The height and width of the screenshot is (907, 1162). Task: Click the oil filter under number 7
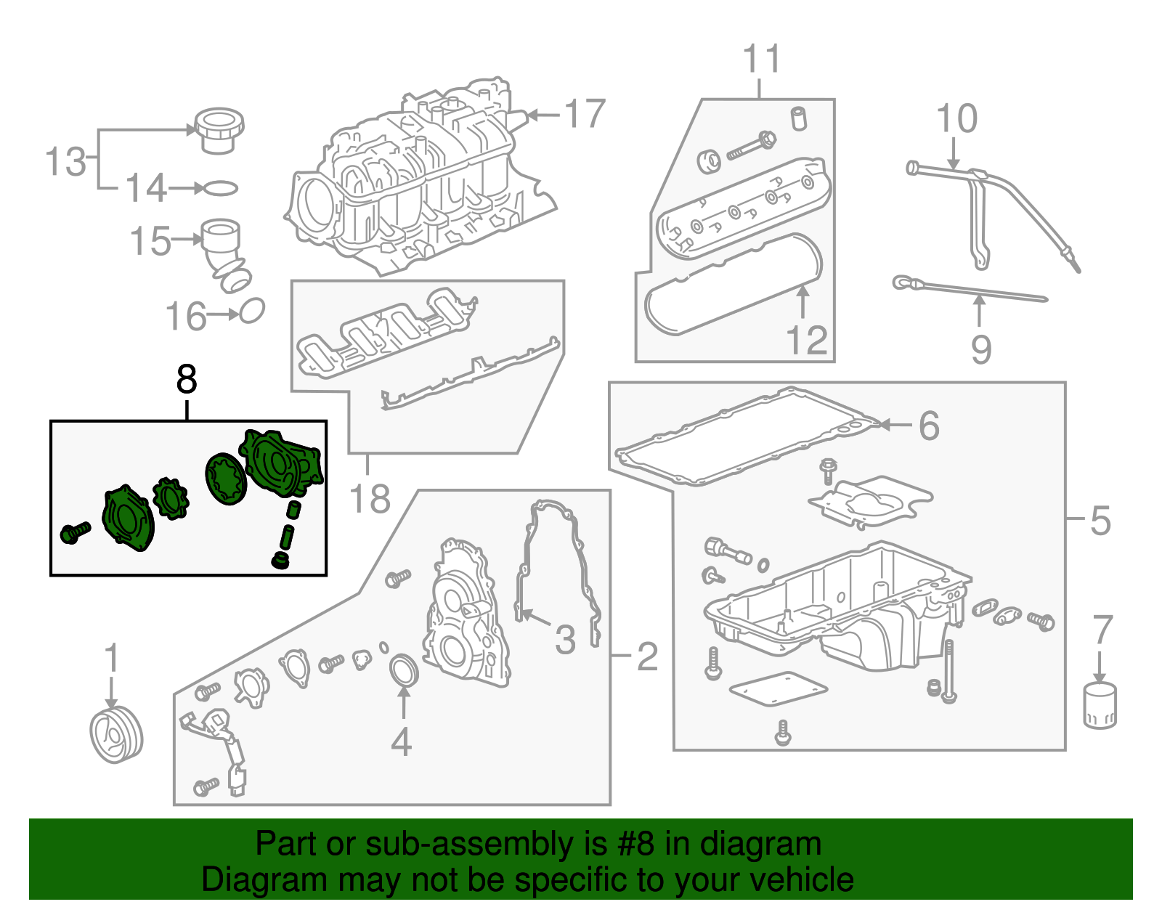tap(1100, 706)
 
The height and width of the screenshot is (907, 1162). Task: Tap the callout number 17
tap(585, 114)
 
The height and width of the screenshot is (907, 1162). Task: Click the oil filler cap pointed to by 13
tap(219, 130)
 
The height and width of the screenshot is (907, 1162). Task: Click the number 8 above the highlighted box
tap(187, 379)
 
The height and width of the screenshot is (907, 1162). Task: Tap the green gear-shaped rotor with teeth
tap(171, 499)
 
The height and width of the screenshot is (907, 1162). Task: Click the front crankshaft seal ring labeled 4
tap(405, 670)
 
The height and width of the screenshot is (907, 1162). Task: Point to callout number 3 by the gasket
tap(565, 640)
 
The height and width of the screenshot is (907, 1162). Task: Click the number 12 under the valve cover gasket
tap(807, 340)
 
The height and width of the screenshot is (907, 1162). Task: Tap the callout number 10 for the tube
tap(956, 118)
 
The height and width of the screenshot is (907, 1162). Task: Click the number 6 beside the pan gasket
tap(929, 426)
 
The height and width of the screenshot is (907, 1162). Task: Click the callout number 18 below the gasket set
tap(370, 499)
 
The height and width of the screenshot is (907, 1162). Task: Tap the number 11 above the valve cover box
tap(762, 60)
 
